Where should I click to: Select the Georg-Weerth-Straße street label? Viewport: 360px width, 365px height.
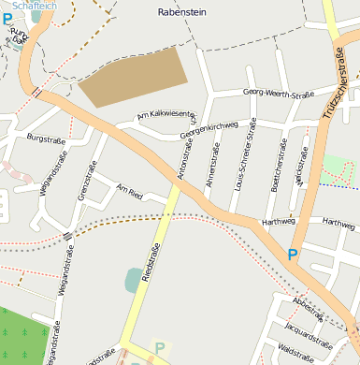(x=278, y=93)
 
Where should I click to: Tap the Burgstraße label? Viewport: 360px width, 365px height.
(x=46, y=139)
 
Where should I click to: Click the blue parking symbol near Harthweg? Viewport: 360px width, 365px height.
(x=292, y=254)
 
